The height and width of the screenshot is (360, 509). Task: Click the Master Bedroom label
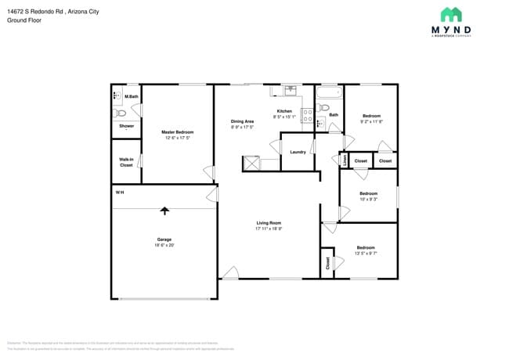[177, 132]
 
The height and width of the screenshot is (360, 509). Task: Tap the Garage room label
[164, 239]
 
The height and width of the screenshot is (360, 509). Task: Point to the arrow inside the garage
[164, 210]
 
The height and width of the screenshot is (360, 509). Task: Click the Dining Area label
[242, 121]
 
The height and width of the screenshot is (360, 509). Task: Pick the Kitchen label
[284, 111]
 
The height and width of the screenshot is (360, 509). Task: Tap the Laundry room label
[297, 152]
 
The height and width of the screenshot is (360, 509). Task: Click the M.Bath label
[132, 97]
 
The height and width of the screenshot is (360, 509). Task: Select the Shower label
[126, 126]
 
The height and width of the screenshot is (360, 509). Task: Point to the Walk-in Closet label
[126, 163]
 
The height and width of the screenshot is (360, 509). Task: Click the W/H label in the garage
[120, 193]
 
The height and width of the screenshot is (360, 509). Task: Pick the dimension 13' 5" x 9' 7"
[366, 254]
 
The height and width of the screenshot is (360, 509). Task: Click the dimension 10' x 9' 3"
[368, 200]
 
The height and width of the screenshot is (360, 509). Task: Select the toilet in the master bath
[121, 113]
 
